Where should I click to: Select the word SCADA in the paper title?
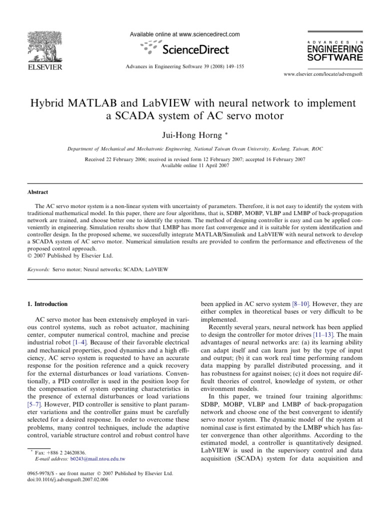[x=145, y=117]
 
